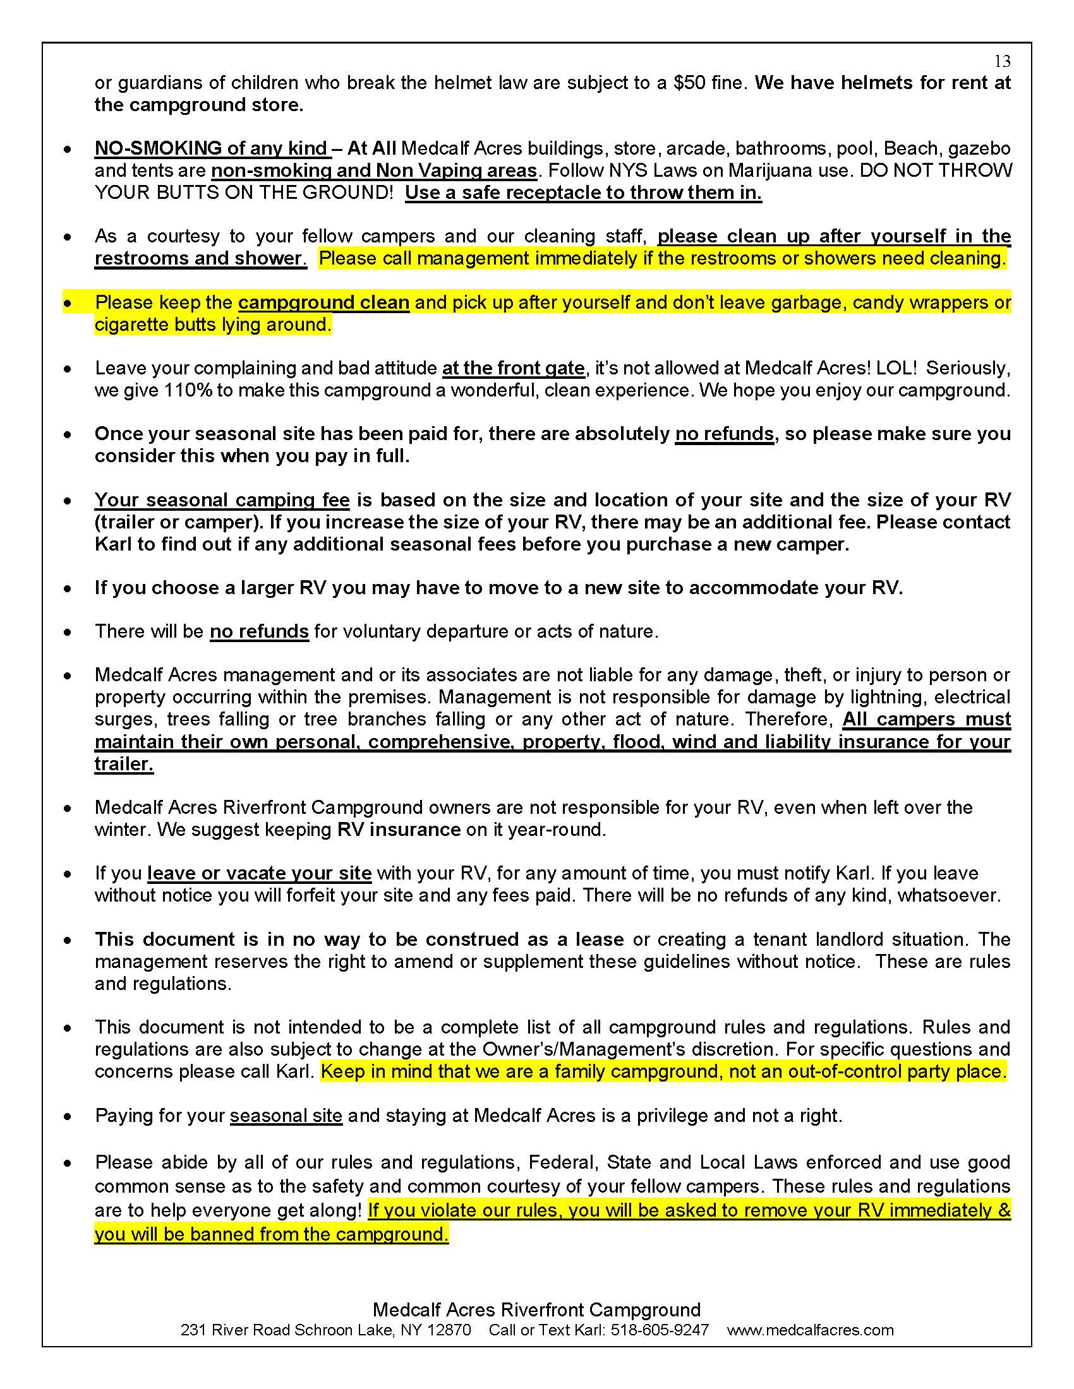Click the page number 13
1002,61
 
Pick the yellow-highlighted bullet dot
68,302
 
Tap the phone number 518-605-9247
659,1330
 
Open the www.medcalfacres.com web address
810,1330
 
